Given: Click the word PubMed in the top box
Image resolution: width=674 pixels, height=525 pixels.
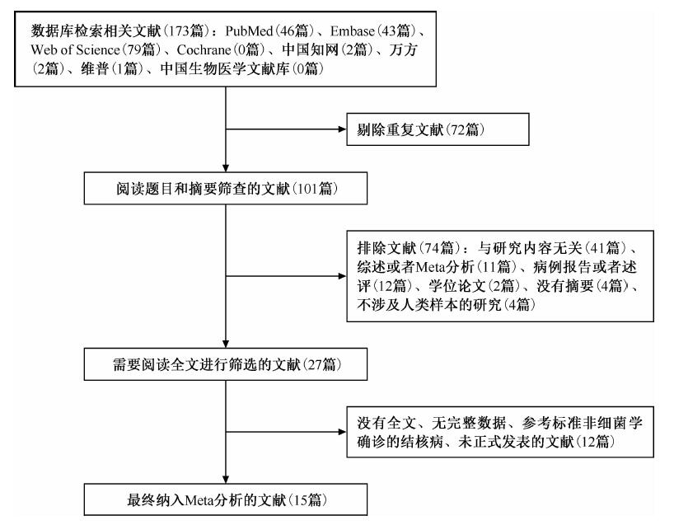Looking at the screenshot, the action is pyautogui.click(x=250, y=31).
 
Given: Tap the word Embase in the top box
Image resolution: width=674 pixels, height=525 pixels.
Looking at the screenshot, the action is pyautogui.click(x=353, y=31).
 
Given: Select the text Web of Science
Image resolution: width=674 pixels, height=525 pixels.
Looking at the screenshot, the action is pyautogui.click(x=75, y=50).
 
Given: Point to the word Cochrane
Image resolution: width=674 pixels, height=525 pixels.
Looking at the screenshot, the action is pyautogui.click(x=204, y=50).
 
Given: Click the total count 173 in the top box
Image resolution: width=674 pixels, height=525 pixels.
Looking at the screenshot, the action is pyautogui.click(x=176, y=31).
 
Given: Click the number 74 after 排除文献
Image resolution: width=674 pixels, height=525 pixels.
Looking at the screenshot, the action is pyautogui.click(x=431, y=248).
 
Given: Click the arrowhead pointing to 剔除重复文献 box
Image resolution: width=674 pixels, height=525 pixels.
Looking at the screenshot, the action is pyautogui.click(x=343, y=129).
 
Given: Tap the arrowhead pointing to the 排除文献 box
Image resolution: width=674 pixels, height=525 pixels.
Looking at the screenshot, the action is pyautogui.click(x=343, y=276).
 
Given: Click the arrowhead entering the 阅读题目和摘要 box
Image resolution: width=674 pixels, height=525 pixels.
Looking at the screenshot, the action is pyautogui.click(x=226, y=168).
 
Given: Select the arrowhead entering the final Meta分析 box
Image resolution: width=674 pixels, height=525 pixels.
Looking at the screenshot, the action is pyautogui.click(x=226, y=480).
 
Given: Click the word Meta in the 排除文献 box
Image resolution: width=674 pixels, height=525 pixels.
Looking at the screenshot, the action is pyautogui.click(x=431, y=267).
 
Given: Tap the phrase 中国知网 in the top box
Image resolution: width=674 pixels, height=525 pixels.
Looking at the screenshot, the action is pyautogui.click(x=311, y=50).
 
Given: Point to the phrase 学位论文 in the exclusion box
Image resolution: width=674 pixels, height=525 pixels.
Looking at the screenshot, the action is pyautogui.click(x=457, y=286).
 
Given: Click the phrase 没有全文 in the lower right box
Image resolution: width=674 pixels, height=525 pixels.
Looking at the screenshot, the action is pyautogui.click(x=386, y=423).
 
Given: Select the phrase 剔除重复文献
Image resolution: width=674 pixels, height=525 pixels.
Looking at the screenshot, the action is pyautogui.click(x=400, y=129).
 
